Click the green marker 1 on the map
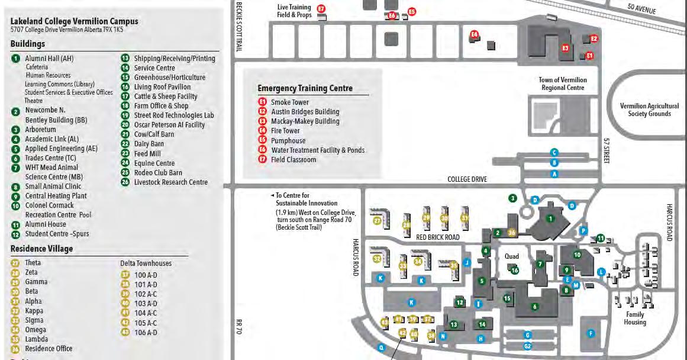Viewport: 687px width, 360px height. point(550,218)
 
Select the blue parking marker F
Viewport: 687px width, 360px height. point(590,333)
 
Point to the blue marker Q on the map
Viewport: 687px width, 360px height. point(381,348)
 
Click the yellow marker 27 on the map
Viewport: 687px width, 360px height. point(377,221)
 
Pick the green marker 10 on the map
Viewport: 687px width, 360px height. point(578,255)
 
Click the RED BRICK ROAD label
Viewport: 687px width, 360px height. point(438,237)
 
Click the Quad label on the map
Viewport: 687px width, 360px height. point(511,256)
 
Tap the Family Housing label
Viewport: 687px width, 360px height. point(634,319)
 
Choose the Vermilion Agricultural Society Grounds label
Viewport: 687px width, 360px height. point(649,110)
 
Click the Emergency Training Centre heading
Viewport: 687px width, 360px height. point(305,89)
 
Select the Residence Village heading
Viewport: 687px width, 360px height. point(41,249)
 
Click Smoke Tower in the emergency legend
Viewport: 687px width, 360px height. point(289,102)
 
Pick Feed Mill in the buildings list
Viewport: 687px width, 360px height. point(147,153)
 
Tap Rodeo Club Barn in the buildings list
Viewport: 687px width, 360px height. point(158,172)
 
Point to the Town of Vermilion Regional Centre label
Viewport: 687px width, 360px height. point(563,83)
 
